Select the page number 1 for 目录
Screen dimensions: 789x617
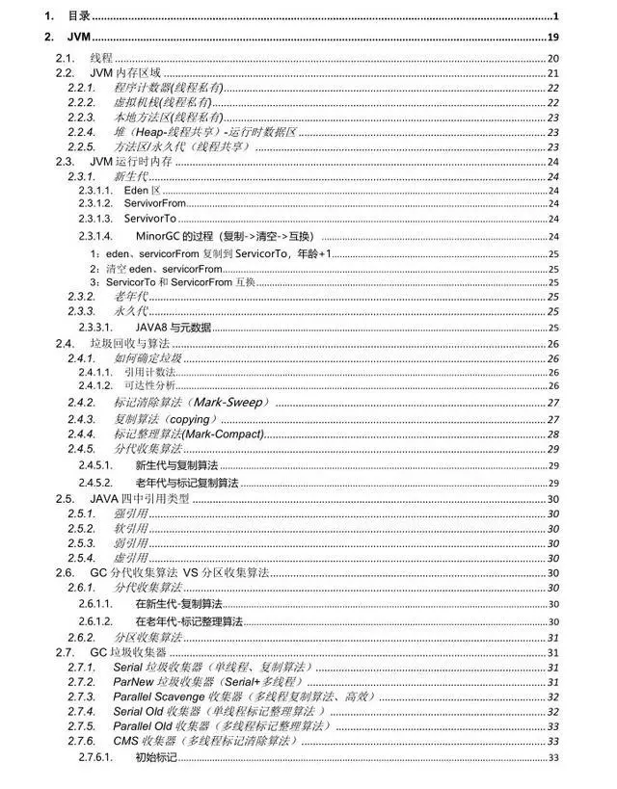(556, 17)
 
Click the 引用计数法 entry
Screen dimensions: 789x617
(149, 371)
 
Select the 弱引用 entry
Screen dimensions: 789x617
(130, 542)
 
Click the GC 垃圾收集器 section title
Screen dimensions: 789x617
(141, 652)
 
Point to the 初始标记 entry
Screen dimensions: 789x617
(156, 757)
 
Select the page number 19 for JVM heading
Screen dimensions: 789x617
(553, 37)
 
